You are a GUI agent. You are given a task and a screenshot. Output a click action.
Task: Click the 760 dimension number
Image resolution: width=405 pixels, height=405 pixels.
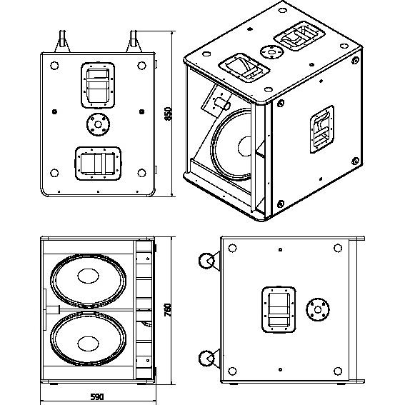pos(169,310)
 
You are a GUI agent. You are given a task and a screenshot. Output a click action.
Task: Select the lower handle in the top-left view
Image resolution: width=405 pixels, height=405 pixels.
pos(98,162)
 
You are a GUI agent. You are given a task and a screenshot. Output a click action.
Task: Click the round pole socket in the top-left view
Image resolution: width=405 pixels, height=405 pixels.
pos(97,124)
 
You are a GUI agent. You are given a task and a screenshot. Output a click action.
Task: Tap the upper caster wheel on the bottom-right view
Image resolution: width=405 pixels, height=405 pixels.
pos(207,262)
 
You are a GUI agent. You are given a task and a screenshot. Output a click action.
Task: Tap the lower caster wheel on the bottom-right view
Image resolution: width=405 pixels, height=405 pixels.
pos(207,359)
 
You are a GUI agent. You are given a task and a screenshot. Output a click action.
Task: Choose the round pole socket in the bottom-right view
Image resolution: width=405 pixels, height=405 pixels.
pos(318,309)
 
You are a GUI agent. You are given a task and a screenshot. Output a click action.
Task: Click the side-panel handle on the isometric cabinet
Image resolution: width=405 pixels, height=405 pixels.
pos(321,131)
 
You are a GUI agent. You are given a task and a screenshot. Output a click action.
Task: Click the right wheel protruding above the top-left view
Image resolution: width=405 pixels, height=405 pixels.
pos(134,39)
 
